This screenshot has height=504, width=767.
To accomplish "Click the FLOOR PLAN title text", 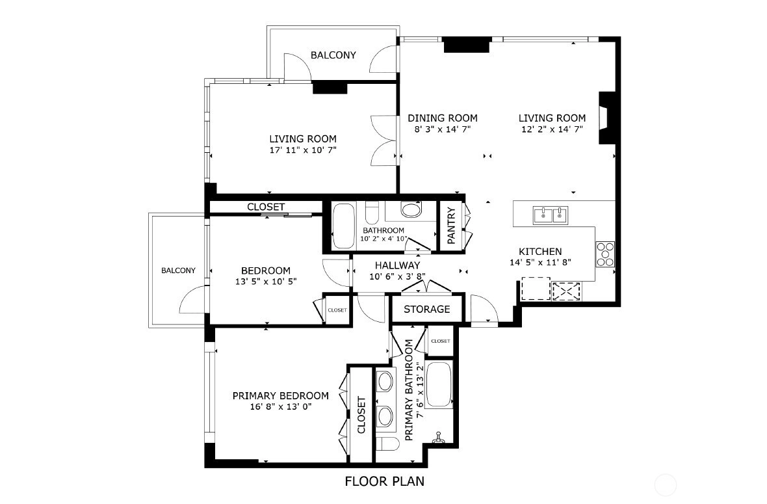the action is (x=385, y=481).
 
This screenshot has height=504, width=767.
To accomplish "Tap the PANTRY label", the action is (x=451, y=226).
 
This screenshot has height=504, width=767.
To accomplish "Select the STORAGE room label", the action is (x=426, y=310).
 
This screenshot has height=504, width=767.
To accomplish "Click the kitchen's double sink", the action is (x=550, y=215).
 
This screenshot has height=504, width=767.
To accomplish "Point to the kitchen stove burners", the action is (x=605, y=254).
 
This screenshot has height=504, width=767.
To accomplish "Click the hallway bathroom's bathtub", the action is (x=343, y=226).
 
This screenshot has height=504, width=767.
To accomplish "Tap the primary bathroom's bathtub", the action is (x=438, y=384).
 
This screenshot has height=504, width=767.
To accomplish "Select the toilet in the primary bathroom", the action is (x=388, y=445).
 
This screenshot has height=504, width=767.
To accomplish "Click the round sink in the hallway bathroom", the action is (x=411, y=209).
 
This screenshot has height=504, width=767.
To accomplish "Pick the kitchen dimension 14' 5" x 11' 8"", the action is (x=540, y=262).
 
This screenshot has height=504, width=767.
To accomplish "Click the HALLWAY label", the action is (x=397, y=265).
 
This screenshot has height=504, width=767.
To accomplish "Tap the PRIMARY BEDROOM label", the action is (x=280, y=396).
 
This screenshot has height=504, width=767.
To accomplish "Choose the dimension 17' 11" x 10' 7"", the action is (x=303, y=150).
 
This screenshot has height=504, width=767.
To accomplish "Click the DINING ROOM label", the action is (x=442, y=118).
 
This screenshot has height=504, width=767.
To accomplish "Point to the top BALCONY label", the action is (x=333, y=55).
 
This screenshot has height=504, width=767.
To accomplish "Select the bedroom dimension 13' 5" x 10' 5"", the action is (x=266, y=282).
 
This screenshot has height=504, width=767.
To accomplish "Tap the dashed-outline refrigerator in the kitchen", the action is (x=536, y=289).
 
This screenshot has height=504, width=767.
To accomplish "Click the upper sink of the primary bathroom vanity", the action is (x=385, y=380).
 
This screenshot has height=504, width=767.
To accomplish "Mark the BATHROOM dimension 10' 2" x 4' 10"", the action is (x=383, y=239).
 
